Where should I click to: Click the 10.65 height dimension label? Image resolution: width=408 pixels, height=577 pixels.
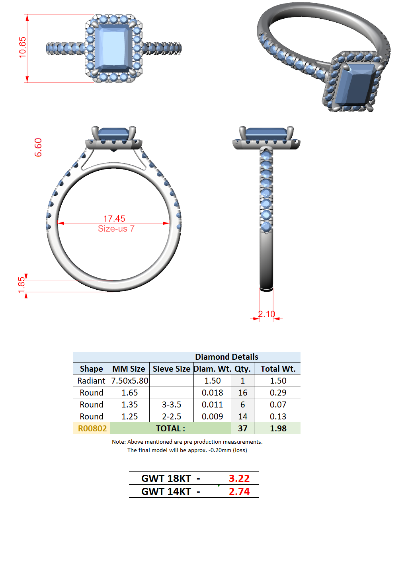(22, 47)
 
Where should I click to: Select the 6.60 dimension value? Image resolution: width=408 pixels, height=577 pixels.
(38, 147)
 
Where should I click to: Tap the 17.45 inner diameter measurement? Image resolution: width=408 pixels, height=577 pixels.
(114, 218)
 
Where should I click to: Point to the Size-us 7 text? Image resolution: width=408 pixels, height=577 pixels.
(116, 228)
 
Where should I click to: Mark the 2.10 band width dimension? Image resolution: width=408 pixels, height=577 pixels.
(267, 314)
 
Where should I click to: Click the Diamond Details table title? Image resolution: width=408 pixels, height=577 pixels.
(226, 357)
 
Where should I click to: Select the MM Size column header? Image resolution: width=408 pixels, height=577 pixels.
(129, 368)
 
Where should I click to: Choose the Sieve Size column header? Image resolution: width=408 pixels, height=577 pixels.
(172, 368)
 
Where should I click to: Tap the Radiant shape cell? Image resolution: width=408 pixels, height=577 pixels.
(91, 380)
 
